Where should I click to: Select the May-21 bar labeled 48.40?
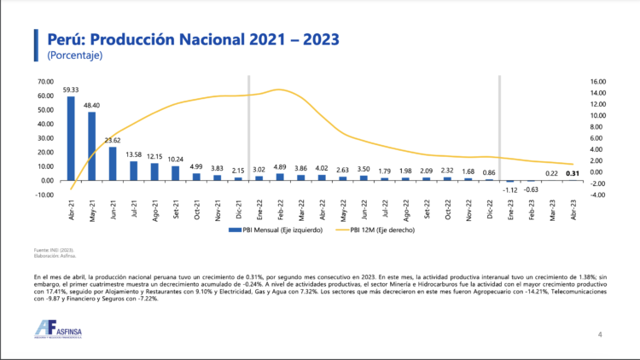tap(91, 146)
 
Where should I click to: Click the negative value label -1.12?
tap(510, 189)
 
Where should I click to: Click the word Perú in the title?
tap(63, 39)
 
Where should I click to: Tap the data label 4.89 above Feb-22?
tap(280, 168)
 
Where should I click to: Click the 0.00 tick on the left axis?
tap(47, 180)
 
